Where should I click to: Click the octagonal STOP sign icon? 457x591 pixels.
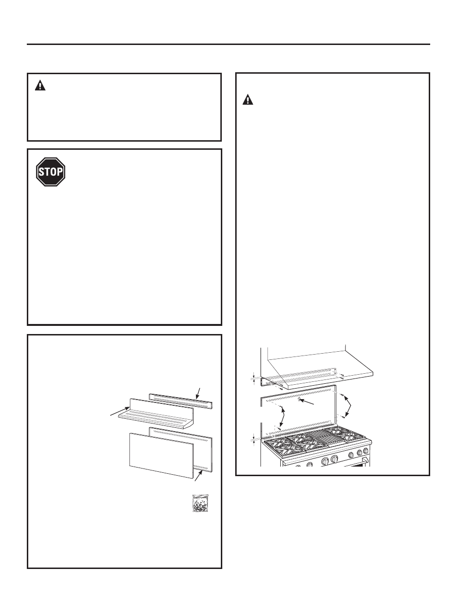[51, 172]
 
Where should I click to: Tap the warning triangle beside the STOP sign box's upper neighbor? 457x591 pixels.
[40, 85]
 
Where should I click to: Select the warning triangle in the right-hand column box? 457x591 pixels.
[248, 100]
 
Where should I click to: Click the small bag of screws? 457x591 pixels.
[200, 503]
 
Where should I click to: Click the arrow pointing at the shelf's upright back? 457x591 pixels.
[120, 411]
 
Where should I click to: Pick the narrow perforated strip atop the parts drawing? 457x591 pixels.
[181, 401]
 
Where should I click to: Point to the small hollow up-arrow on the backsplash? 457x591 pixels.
[299, 399]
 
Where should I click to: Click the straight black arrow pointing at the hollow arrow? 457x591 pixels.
[307, 401]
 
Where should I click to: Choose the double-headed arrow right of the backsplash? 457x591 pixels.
[348, 407]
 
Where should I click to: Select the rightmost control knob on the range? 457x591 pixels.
[366, 451]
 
